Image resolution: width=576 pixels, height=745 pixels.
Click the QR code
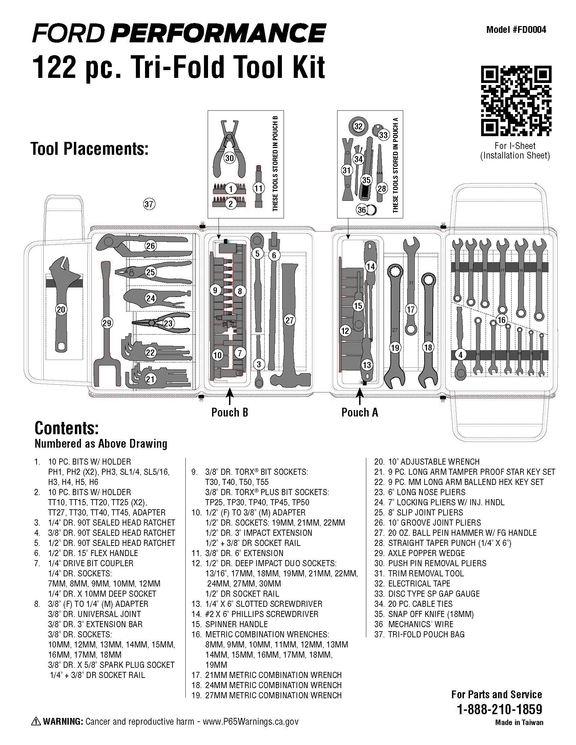point(516,101)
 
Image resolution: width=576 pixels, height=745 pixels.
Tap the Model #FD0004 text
point(516,30)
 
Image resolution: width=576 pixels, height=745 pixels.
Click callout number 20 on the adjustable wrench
point(61,310)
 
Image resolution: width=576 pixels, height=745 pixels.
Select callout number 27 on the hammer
point(289,320)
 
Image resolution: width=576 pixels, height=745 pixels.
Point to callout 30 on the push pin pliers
point(230,158)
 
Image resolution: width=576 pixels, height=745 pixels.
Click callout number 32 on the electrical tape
point(358,126)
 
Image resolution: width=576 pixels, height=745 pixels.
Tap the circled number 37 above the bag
point(149,204)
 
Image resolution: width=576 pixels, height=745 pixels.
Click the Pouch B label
point(229,412)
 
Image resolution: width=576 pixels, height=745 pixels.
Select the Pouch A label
point(359,412)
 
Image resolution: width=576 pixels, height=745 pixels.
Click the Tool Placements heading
point(89,149)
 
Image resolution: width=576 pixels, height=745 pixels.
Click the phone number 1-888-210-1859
point(499,709)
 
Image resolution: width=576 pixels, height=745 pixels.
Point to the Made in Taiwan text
point(519,722)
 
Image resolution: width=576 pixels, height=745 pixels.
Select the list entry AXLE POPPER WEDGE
point(426,553)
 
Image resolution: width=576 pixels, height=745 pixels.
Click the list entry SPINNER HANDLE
point(236,624)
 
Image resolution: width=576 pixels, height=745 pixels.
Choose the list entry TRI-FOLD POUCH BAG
point(426,634)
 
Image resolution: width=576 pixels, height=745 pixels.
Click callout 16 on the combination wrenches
point(501,320)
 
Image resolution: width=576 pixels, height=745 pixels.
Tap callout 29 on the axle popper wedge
point(107,323)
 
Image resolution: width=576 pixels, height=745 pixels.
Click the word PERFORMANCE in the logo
point(219,34)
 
